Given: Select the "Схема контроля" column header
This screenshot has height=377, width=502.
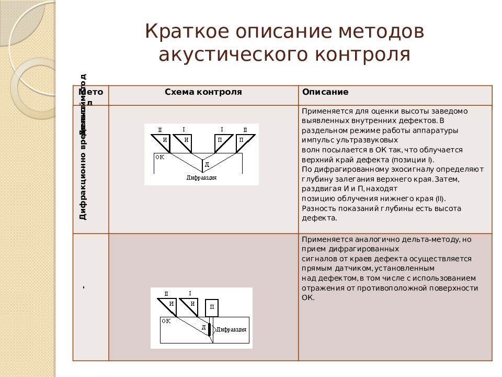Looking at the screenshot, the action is click(203, 92).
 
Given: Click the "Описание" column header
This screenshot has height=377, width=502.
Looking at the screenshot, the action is click(325, 92).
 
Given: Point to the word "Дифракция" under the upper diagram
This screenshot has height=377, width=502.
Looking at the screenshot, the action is click(201, 178).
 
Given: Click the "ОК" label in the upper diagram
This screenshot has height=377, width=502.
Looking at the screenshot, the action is click(159, 157).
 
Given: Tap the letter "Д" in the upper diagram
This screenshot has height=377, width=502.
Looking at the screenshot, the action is click(207, 164).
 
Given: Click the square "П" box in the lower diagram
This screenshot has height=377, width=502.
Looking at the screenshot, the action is click(212, 307).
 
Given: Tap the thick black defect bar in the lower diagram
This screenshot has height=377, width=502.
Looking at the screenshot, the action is click(209, 329).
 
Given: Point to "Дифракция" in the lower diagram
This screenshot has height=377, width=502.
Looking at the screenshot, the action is click(231, 330).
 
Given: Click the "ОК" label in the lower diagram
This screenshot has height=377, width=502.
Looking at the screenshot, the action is click(166, 321).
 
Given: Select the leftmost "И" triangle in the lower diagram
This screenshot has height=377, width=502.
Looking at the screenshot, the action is click(169, 304).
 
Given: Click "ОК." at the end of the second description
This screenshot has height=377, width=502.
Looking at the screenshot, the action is click(307, 297).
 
